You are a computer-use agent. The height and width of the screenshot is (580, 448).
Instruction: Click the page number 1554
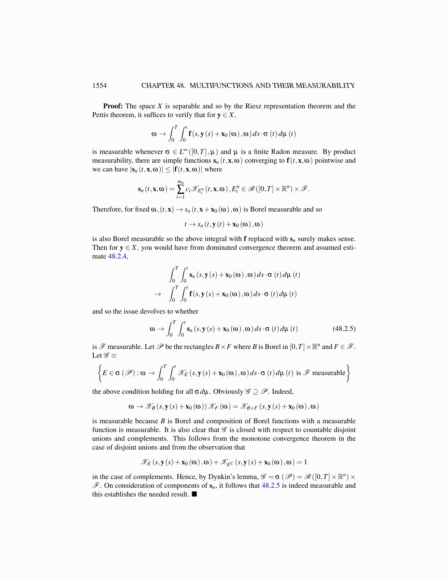point(99,86)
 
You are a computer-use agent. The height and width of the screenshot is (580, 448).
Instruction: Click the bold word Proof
point(112,106)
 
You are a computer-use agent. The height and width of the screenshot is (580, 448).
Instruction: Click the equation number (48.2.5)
point(344,328)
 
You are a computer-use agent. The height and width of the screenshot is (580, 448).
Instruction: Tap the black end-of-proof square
point(194,494)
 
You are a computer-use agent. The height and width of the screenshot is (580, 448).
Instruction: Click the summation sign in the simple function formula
point(180,189)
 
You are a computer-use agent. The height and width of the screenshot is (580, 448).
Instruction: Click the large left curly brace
point(98,373)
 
